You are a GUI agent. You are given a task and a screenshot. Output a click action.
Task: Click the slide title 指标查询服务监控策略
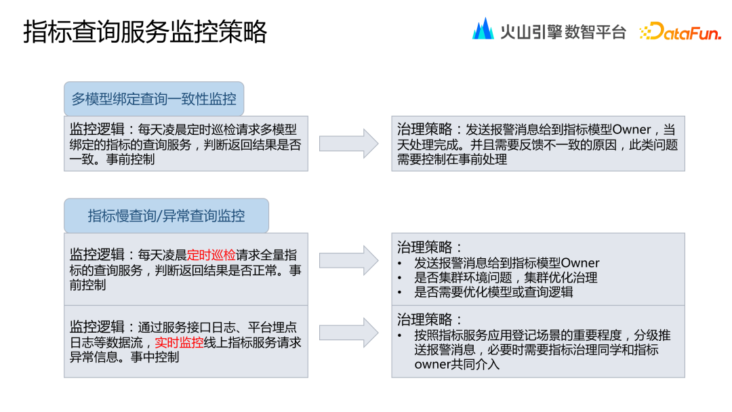coord(145,32)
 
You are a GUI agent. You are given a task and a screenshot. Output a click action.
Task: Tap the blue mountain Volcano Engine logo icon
coord(483,29)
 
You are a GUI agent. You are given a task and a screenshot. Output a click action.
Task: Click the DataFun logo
coord(680,31)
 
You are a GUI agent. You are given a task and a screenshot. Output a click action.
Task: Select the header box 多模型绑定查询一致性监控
coord(154,99)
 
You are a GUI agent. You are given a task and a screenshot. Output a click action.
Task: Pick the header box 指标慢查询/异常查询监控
coord(166,216)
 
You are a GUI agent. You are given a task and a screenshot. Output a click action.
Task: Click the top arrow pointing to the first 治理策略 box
coord(349,144)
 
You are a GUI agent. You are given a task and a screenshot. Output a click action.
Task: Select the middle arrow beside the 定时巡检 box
coord(349,260)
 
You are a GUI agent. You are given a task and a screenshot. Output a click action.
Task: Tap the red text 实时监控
coord(179,343)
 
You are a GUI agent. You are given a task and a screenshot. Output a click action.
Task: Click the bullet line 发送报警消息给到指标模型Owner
coord(507,263)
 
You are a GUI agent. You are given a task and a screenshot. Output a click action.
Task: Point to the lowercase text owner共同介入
coord(457,365)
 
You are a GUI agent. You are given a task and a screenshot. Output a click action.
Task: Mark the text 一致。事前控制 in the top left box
coord(113,159)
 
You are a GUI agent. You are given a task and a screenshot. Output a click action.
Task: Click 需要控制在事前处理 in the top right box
coord(452,159)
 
